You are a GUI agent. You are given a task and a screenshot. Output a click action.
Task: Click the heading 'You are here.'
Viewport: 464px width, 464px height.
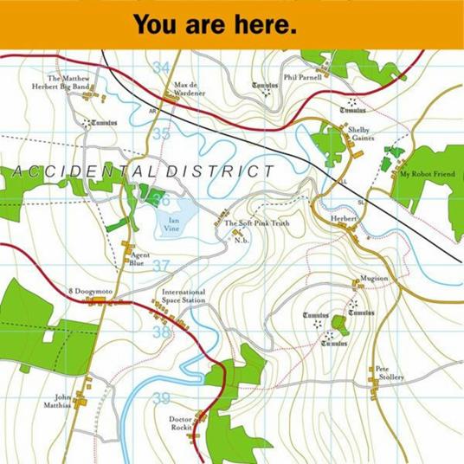click(216, 24)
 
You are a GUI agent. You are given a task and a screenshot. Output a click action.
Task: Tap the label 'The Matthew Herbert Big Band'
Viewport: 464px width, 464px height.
click(68, 83)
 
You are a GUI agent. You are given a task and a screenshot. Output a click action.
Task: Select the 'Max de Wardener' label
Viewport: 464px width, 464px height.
click(190, 89)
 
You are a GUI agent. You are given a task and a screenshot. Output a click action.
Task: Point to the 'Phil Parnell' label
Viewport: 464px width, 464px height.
click(302, 77)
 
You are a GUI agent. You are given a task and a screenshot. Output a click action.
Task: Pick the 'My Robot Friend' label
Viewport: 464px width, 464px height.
click(427, 174)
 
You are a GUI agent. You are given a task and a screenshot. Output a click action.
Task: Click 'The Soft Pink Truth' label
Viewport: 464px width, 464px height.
click(257, 223)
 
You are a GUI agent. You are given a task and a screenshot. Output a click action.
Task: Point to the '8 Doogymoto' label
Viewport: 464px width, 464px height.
click(91, 293)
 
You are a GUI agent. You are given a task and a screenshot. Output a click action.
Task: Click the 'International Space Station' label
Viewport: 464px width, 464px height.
click(184, 297)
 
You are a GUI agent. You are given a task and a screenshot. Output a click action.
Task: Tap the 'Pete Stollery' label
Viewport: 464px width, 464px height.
click(390, 373)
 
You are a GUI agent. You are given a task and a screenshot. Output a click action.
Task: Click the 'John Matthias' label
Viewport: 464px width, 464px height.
click(58, 400)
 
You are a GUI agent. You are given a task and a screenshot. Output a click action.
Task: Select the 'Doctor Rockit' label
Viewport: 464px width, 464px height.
click(180, 422)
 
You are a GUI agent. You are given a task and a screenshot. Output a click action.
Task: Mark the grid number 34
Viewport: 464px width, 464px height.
click(161, 68)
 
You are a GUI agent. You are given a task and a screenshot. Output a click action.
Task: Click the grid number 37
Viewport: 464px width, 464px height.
click(161, 266)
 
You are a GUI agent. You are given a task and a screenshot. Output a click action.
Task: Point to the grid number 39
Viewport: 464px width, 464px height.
click(161, 398)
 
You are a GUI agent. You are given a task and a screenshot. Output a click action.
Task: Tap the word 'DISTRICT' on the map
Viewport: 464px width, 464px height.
click(221, 171)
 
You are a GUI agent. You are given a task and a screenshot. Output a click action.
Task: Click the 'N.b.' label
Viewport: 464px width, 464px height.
click(242, 240)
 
